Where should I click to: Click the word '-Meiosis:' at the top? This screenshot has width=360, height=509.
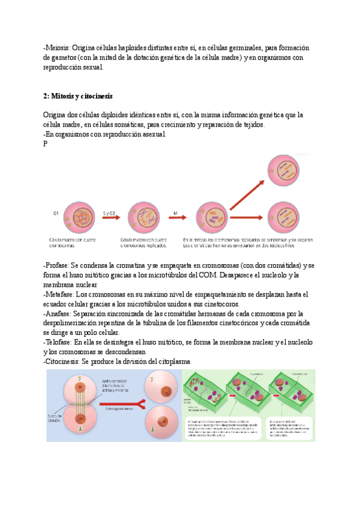coord(57,47)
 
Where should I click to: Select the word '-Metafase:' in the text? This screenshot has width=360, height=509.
coord(58,295)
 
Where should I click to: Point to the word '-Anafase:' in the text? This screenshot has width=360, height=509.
coord(58,314)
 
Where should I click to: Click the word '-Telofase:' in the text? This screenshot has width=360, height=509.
coord(58,342)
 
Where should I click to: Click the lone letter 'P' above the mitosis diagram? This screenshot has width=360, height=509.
coord(46,144)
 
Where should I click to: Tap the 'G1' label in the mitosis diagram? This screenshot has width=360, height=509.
coord(56,214)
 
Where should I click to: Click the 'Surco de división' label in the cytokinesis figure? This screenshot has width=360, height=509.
coord(58,418)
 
